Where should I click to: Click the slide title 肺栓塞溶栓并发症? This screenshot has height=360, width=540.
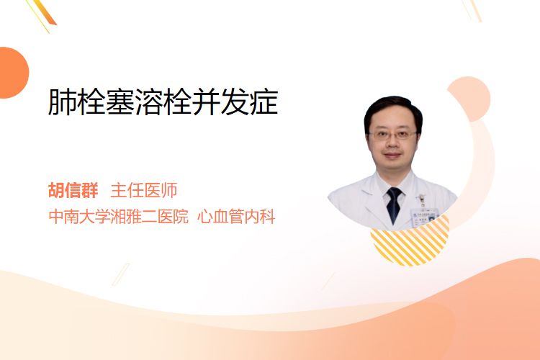(163, 102)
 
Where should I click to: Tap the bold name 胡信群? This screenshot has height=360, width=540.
(73, 191)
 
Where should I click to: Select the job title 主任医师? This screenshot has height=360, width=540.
(143, 191)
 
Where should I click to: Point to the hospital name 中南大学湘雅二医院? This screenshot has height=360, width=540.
(119, 217)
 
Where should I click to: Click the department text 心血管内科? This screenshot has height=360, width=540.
(236, 217)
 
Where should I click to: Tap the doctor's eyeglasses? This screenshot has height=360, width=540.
(392, 135)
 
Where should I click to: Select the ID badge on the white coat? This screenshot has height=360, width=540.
(425, 215)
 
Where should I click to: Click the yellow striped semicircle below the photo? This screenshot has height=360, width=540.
(410, 243)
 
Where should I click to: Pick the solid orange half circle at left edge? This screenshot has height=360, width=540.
(13, 73)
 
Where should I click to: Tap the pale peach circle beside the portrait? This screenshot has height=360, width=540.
(469, 99)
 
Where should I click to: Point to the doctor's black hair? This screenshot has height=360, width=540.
(393, 110)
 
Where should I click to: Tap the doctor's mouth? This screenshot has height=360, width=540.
(392, 155)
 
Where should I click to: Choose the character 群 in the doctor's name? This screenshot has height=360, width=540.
(90, 191)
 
